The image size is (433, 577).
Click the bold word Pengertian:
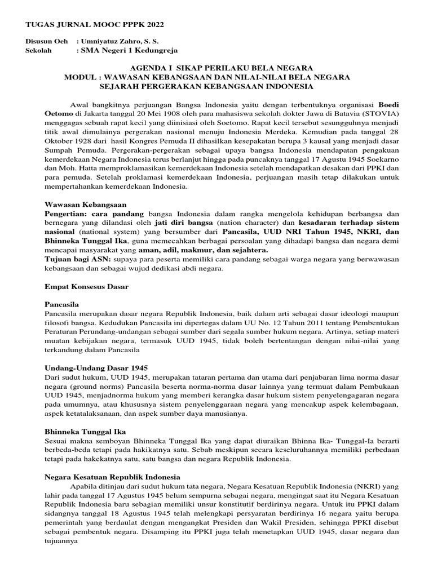(x=66, y=214)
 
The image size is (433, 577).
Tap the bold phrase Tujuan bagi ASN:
(x=78, y=260)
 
